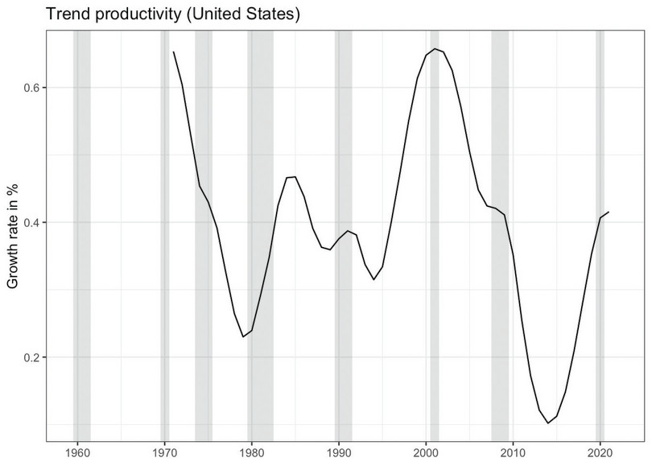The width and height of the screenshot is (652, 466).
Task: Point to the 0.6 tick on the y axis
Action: (31, 87)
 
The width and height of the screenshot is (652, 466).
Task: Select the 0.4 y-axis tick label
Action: (31, 222)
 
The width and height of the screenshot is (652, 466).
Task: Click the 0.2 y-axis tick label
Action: (31, 357)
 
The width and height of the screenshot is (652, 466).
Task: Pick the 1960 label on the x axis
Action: (77, 452)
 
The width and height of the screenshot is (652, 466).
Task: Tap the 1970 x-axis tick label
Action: (164, 452)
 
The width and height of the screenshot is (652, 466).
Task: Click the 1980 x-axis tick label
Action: (251, 452)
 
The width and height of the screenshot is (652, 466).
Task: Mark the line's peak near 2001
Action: (435, 48)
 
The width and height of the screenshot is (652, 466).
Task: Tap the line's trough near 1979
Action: (243, 336)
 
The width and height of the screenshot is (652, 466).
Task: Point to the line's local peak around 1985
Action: (295, 176)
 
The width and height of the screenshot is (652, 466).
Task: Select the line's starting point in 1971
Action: (173, 52)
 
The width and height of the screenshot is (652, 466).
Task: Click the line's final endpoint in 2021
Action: (609, 212)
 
